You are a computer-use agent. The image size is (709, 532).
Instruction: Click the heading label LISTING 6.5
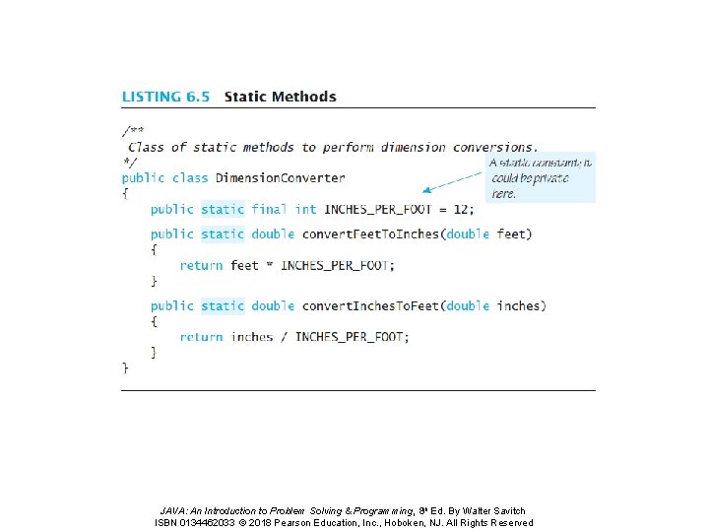165,97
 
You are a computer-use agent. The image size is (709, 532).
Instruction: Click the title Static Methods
280,97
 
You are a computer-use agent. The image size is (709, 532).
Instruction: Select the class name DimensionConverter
280,178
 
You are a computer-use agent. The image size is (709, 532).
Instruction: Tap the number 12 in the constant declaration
462,209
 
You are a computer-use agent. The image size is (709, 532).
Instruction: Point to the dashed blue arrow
452,180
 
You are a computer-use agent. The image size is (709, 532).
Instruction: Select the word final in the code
269,209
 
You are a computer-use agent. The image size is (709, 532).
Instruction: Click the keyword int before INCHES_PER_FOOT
305,209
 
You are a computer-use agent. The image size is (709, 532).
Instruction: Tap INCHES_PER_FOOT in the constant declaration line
379,209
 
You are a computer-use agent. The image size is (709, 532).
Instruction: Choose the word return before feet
201,265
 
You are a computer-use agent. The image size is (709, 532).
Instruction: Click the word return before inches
201,337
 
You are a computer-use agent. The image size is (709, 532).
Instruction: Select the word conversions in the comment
494,148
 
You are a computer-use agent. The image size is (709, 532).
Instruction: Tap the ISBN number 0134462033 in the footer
218,523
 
